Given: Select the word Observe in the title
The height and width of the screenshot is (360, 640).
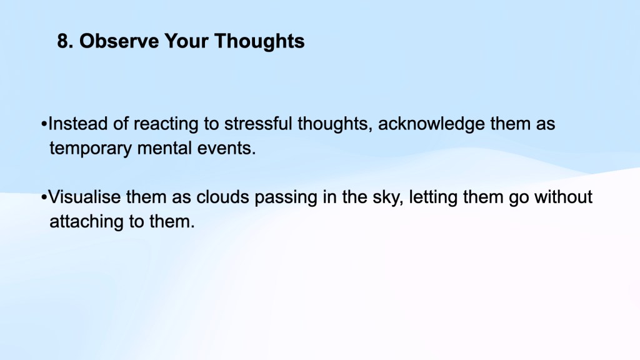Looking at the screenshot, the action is [x=119, y=41].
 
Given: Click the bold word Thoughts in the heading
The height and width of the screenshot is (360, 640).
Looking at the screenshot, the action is [x=259, y=41].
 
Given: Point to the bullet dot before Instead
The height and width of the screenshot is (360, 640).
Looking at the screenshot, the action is [x=44, y=124].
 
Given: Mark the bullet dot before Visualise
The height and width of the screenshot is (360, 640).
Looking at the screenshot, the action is [x=44, y=197].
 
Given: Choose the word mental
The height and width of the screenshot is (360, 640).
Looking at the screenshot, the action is [x=164, y=148].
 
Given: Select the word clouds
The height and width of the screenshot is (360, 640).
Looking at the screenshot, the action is [x=222, y=197].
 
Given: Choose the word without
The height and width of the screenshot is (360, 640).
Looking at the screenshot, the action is [x=563, y=197].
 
